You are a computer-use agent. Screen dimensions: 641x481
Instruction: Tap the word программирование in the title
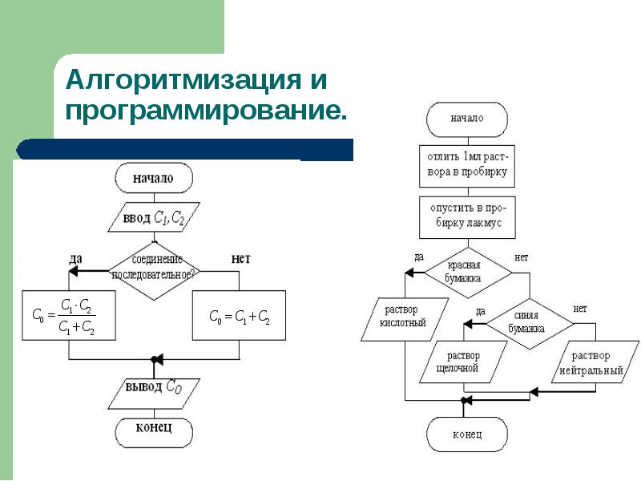coord(206,110)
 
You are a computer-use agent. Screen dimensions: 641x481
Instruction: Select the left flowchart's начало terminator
coord(154,178)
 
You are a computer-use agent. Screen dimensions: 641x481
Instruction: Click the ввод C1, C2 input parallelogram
coord(154,217)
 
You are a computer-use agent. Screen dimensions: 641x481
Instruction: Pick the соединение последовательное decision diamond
coord(154,271)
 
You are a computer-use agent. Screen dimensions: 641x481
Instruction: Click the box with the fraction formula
coord(69,315)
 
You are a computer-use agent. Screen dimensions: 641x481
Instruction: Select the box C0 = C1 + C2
coord(239,315)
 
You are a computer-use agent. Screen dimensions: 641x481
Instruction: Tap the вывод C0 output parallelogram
coord(154,394)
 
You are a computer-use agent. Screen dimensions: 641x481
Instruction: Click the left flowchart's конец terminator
coord(154,433)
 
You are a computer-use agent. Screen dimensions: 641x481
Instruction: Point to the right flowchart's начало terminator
coord(467,119)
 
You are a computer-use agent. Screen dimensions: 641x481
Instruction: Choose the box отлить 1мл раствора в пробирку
coord(467,166)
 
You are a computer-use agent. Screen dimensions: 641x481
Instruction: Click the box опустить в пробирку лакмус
coord(467,217)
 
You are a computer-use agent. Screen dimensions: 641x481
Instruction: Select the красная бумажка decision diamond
coord(468,273)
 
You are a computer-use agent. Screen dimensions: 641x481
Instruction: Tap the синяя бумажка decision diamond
coord(530,324)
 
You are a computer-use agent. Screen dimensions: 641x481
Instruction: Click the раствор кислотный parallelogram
coord(405,319)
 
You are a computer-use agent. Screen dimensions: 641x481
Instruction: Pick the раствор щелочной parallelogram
coord(464,362)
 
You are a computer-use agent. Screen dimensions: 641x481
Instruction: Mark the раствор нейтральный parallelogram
coord(595,362)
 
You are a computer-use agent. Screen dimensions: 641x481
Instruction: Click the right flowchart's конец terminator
coord(467,435)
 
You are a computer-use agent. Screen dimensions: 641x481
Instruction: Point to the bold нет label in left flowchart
coord(241,259)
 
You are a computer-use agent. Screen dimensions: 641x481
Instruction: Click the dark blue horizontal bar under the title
coord(185,149)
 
